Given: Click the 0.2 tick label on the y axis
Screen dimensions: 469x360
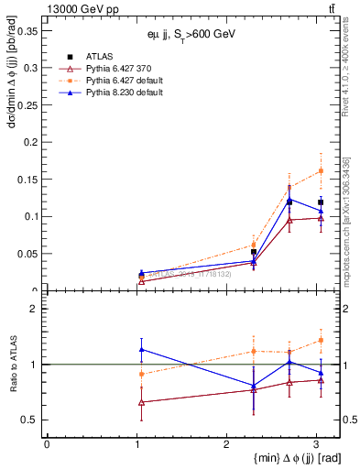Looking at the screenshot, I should [31, 142].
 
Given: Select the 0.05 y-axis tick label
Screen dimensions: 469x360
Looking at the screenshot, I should [27, 254].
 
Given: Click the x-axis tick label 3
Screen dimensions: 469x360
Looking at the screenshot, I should [315, 444].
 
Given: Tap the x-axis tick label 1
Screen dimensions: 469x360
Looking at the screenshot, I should [136, 444].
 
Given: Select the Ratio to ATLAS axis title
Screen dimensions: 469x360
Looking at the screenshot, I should [11, 364].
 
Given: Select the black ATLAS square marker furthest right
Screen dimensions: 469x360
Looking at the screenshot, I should [321, 202].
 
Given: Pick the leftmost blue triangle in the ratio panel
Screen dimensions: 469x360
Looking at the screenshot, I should [141, 349].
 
